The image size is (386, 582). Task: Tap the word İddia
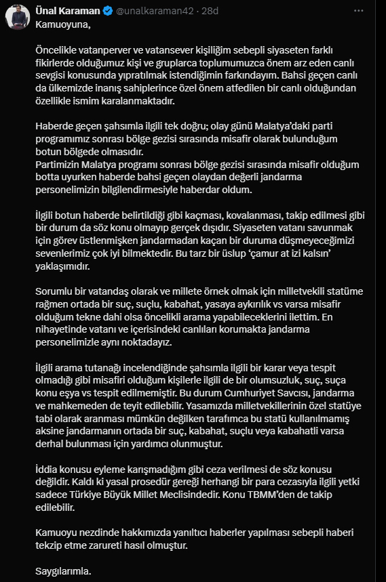click(x=47, y=470)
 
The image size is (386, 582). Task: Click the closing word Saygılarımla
click(x=62, y=571)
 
